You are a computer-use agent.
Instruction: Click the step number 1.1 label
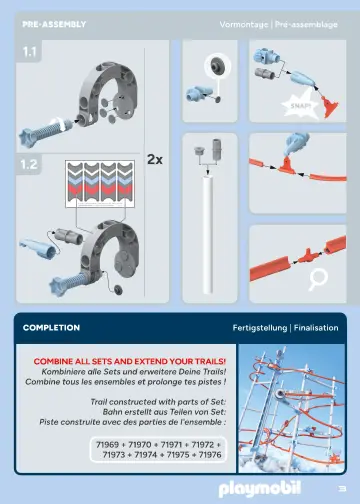point(29,52)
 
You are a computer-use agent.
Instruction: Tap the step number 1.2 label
point(29,164)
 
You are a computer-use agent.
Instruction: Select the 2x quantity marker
point(155,159)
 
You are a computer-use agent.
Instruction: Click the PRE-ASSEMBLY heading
point(54,24)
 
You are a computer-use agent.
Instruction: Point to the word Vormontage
point(244,25)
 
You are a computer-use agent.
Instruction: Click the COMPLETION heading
point(51,328)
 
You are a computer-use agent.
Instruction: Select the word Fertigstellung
point(260,328)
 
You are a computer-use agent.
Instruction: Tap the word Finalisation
point(316,328)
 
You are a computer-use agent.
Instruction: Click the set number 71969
point(107,445)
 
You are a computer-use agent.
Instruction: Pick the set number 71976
point(210,455)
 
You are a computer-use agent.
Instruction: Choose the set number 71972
point(203,445)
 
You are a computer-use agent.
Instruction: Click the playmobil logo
point(260,489)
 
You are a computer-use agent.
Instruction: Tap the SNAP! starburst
point(300,106)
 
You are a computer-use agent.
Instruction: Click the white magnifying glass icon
point(317,279)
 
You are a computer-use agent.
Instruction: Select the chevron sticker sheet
point(100,184)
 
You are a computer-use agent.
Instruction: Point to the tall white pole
point(208,235)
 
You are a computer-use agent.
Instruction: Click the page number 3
point(342,489)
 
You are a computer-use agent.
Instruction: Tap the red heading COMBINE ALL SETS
point(130,361)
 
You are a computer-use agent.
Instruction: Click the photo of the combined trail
point(292,408)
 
